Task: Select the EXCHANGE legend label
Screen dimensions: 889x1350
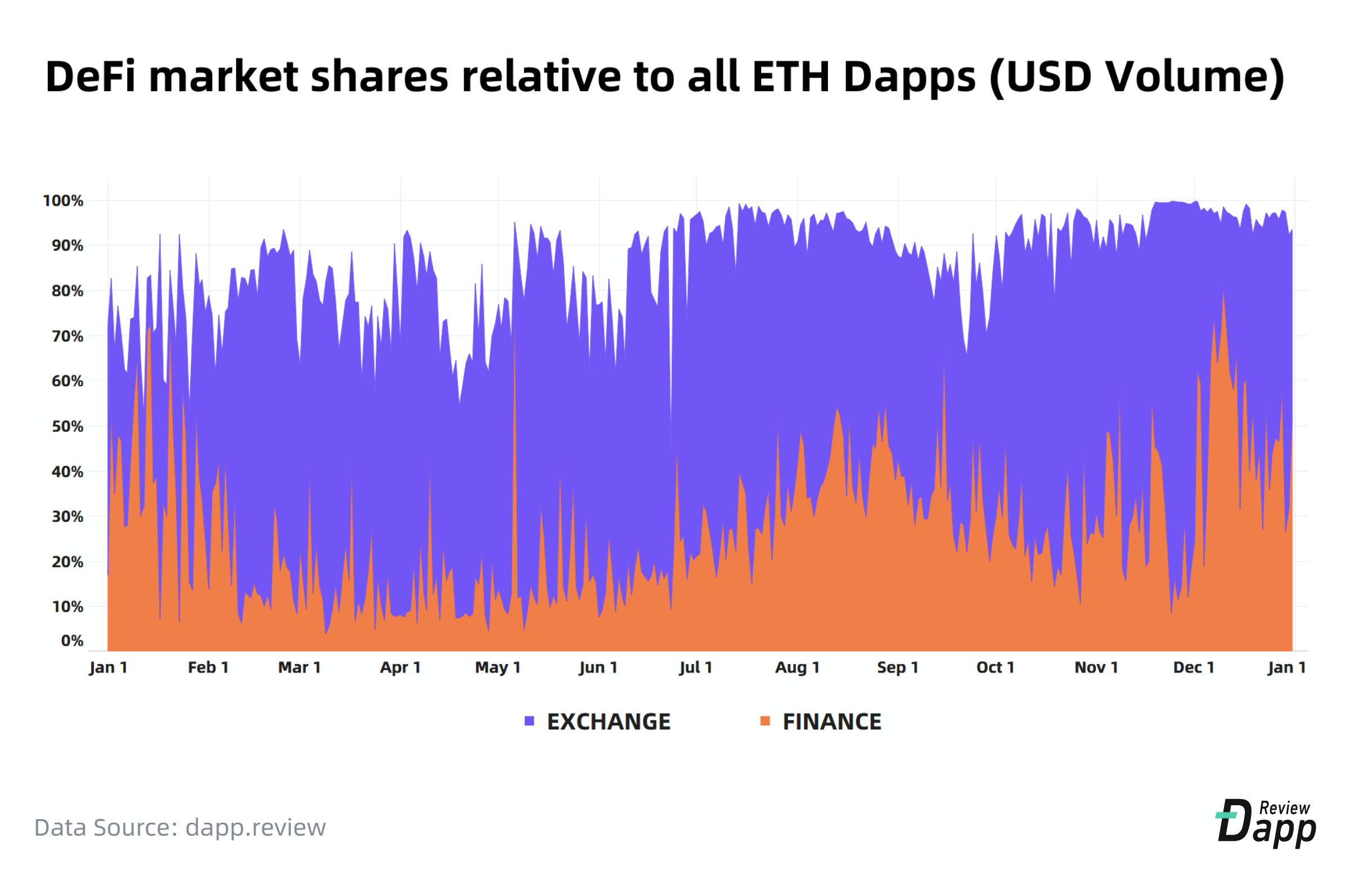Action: tap(608, 722)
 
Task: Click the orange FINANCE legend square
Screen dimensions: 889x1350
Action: tap(765, 721)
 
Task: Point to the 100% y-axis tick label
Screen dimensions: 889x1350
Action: tap(63, 201)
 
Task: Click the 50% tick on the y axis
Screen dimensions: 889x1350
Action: tap(67, 426)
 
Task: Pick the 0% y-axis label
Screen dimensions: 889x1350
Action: tap(72, 640)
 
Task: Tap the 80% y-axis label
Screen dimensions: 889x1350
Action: tap(67, 291)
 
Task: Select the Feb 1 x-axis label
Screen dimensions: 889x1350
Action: tap(208, 667)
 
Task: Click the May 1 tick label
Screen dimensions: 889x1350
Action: tap(497, 667)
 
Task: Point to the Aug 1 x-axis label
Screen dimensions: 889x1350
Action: tap(797, 667)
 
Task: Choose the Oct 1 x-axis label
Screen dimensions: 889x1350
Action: tap(995, 667)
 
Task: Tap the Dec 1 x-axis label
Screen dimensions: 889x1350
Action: tap(1194, 667)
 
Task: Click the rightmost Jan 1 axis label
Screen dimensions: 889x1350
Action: tap(1286, 667)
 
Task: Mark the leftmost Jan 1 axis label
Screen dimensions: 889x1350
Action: tap(108, 667)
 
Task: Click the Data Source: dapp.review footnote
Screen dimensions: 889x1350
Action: tap(180, 827)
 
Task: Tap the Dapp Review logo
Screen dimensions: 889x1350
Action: tap(1266, 823)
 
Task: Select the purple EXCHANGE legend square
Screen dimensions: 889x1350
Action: tap(529, 721)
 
